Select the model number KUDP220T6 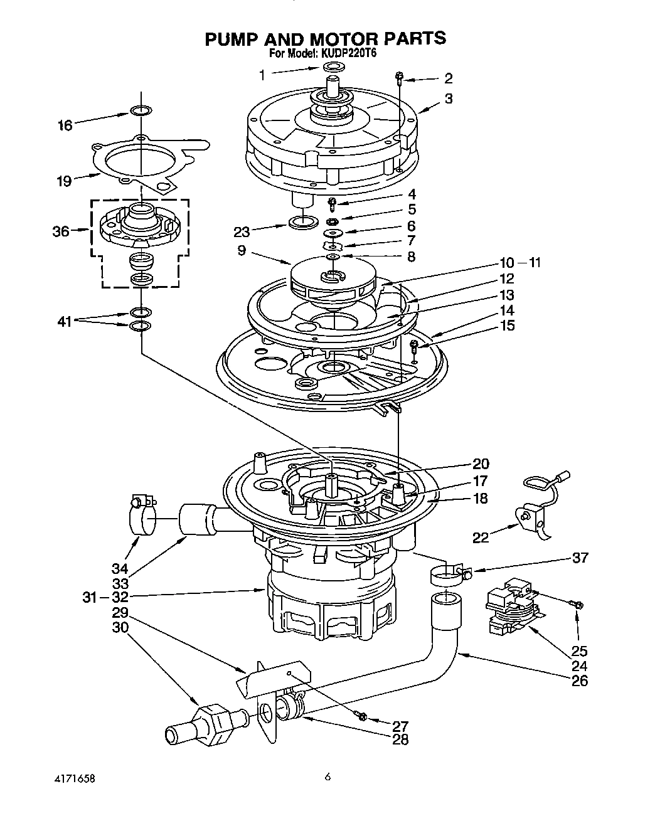tap(348, 54)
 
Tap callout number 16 tap(65, 125)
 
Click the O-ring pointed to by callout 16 tap(141, 111)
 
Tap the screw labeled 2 tap(399, 78)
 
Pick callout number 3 tap(449, 98)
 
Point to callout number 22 tap(480, 537)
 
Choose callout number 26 tap(580, 680)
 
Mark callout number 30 tap(120, 626)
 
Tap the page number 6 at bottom tap(327, 777)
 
